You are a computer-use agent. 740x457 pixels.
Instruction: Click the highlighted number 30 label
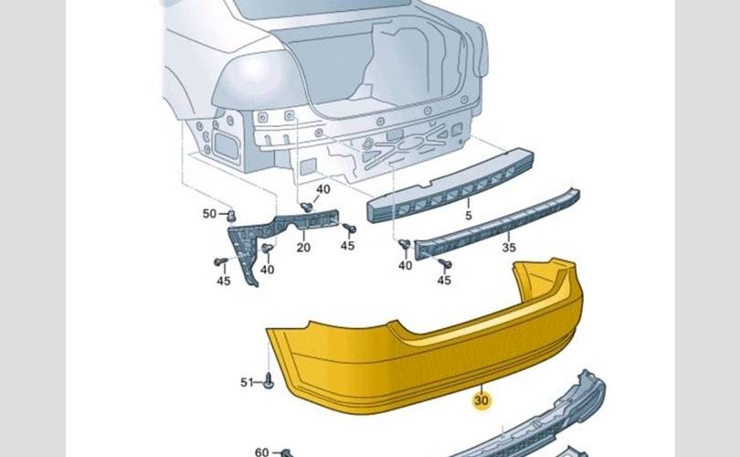coord(481,400)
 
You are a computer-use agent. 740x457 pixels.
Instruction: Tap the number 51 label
coord(247,382)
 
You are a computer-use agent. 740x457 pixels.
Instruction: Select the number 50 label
coord(209,213)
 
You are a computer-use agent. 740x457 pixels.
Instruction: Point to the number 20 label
coord(303,247)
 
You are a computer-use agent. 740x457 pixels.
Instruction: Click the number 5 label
coord(468,216)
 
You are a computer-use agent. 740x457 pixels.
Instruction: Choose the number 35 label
coord(509,247)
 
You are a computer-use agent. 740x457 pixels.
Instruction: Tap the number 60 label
coord(261,452)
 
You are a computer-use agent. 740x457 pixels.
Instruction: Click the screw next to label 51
coord(269,380)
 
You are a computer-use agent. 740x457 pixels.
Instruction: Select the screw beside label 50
coord(231,217)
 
